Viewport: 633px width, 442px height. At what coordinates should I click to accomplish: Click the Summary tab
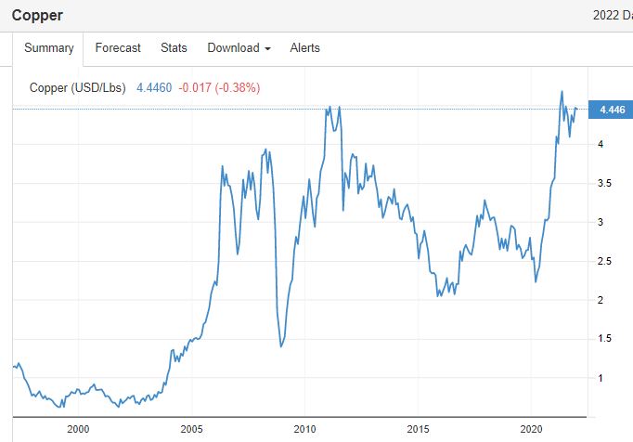coord(48,48)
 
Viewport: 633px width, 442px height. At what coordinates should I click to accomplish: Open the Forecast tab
coord(118,48)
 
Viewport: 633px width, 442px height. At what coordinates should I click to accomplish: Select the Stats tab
coord(174,48)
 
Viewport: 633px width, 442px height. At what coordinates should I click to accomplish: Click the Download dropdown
coord(239,48)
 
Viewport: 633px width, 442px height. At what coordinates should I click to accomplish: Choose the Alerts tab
coord(304,48)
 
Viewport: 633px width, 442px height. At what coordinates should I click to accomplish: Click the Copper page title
coord(37,15)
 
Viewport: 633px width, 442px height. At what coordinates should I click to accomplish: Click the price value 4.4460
coord(153,88)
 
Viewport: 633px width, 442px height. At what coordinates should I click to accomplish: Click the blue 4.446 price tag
coord(612,110)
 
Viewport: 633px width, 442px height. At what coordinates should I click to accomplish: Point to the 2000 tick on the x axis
coord(78,429)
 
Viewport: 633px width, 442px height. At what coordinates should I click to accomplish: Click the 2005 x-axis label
coord(191,429)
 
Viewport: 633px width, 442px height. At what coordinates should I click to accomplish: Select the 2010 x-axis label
coord(305,429)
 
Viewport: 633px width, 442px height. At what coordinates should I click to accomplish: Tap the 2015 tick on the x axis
coord(419,429)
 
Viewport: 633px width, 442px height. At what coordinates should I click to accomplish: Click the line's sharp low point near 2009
coord(281,346)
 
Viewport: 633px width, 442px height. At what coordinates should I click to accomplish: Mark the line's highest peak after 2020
coord(562,91)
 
